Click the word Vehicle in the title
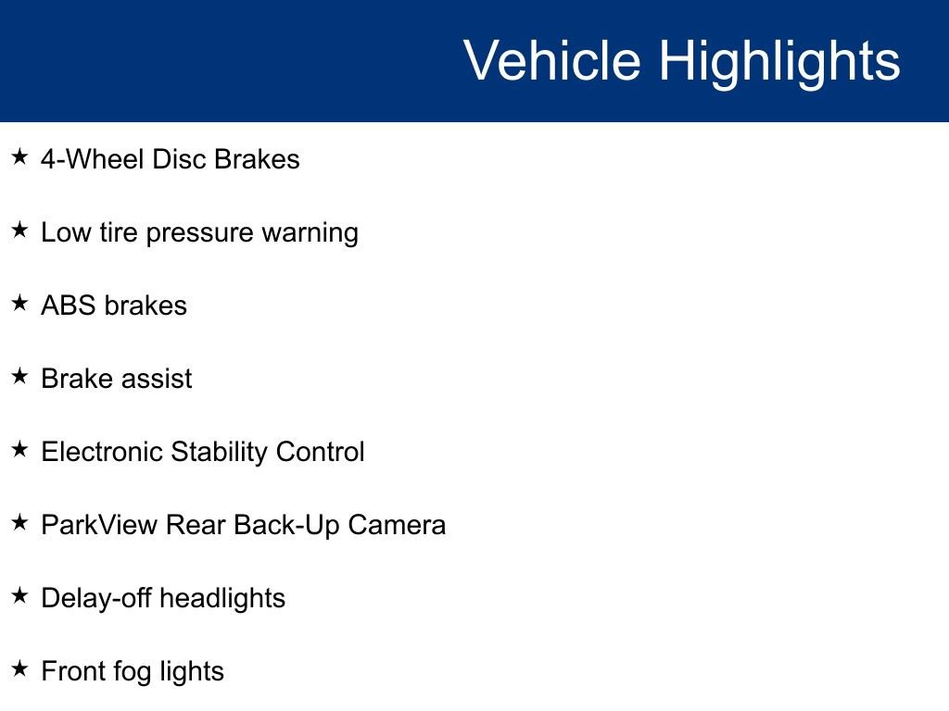[551, 61]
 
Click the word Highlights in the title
[779, 61]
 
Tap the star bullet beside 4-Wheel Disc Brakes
[19, 157]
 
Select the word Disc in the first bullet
[179, 159]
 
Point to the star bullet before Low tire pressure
[19, 231]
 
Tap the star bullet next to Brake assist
[19, 377]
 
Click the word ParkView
[99, 525]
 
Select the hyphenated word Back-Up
[286, 525]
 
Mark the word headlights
[222, 598]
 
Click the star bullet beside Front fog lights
[19, 669]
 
